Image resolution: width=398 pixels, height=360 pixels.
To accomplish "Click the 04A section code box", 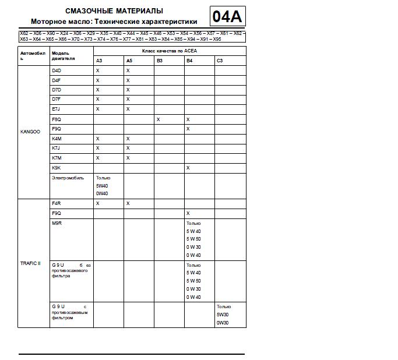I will tap(227, 16).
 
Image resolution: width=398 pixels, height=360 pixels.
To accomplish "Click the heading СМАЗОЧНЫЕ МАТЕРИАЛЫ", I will tap(114, 11).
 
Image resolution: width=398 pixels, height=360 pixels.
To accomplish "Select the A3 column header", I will tap(99, 61).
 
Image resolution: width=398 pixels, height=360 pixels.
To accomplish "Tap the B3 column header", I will tap(160, 61).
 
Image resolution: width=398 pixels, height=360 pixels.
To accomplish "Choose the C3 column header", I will tap(220, 61).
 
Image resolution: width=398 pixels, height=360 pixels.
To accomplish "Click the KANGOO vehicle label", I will tap(30, 132).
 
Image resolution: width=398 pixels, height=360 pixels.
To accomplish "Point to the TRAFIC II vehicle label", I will tap(30, 263).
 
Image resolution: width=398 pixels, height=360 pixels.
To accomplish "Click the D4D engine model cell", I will tap(57, 70).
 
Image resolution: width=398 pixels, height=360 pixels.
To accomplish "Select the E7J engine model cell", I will tap(57, 109).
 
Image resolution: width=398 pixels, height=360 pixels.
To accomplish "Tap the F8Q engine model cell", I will tap(57, 119).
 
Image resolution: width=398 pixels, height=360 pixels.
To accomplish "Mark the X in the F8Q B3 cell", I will tap(158, 119).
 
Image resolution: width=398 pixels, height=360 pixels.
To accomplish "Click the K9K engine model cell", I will tap(57, 168).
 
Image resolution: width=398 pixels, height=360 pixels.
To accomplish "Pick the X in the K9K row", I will tap(188, 168).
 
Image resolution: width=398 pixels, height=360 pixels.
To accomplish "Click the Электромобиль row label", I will tap(68, 178).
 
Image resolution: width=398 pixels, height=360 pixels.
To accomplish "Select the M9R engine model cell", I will tap(57, 223).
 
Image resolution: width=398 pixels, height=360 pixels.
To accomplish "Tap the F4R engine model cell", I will tap(57, 203).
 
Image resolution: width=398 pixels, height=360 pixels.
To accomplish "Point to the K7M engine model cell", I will tap(57, 158).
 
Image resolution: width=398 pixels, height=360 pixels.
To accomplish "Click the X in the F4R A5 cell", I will tap(128, 203).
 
